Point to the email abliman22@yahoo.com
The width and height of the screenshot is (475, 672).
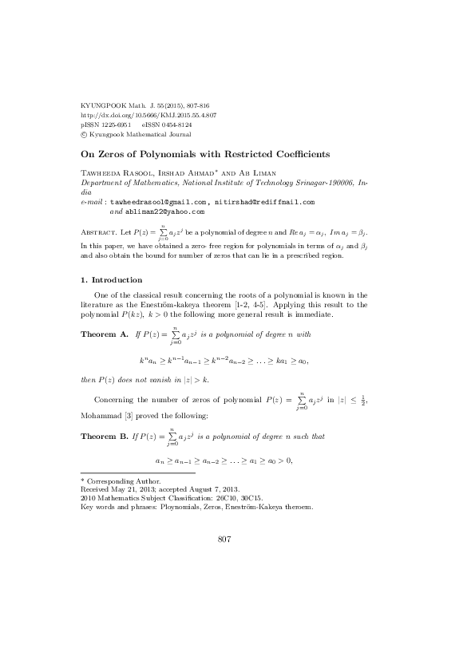164,212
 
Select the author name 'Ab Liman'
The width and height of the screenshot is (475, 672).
275,173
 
